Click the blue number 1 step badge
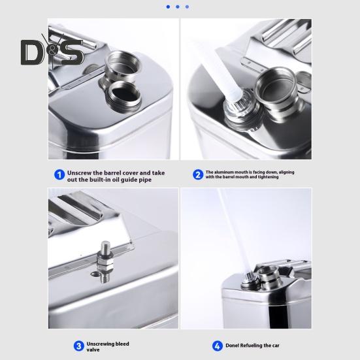click(x=59, y=175)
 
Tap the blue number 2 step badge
click(x=198, y=174)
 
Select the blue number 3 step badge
click(x=79, y=346)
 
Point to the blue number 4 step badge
click(x=217, y=346)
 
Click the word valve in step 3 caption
click(x=93, y=350)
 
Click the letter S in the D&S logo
click(x=71, y=52)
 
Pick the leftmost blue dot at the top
click(x=168, y=7)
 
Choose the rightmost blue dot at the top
click(x=187, y=7)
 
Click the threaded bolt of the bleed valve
click(x=105, y=247)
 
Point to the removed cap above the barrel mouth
click(x=123, y=65)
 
